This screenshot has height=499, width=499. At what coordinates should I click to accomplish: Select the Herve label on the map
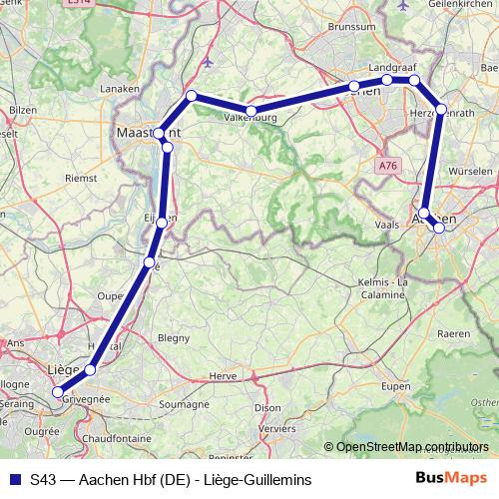(224, 376)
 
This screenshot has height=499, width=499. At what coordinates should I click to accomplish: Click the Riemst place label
(81, 178)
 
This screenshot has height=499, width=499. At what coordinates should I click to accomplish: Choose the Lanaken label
(121, 88)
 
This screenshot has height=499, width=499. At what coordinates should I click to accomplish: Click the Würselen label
(473, 171)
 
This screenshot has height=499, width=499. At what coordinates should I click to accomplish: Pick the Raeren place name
(453, 332)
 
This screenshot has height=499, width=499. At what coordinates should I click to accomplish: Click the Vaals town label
(386, 226)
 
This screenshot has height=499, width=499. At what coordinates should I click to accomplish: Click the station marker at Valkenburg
(251, 111)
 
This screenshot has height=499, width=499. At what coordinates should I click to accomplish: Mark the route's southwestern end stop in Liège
(58, 392)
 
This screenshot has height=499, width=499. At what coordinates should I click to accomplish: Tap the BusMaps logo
(452, 479)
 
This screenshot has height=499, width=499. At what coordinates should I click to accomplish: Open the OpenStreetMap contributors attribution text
(410, 448)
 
